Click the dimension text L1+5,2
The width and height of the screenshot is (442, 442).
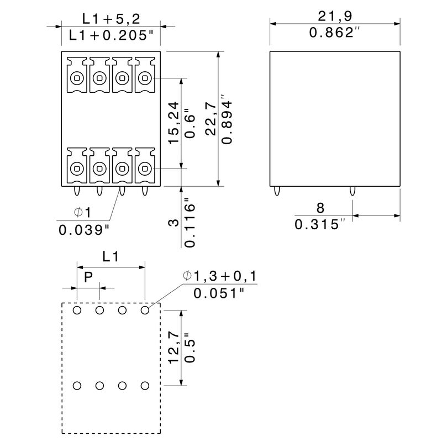click(110, 18)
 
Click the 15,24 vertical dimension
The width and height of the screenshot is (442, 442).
click(173, 123)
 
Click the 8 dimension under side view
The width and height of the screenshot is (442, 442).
click(320, 208)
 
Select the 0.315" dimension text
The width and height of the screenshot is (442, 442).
click(320, 225)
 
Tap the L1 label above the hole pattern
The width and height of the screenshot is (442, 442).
click(110, 257)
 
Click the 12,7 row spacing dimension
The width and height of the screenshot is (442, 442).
click(173, 348)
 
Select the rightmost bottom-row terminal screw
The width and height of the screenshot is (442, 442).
click(145, 168)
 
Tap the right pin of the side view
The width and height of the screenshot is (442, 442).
click(351, 191)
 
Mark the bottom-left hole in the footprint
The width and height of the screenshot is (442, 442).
click(77, 385)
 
